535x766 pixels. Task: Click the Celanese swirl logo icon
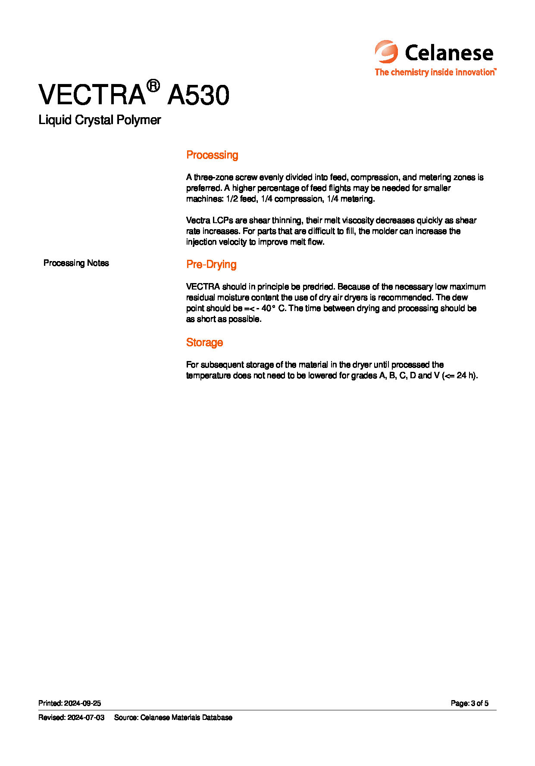click(386, 52)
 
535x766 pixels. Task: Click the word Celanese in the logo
click(449, 53)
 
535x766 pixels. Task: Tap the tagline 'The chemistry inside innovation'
click(435, 72)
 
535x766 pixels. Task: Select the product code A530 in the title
click(198, 95)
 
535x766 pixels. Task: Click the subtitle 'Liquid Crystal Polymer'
click(100, 120)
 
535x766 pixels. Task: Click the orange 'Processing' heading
click(212, 155)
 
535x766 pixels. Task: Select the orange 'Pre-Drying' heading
click(211, 265)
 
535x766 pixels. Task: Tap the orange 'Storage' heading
click(204, 343)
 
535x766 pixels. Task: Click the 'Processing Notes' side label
click(76, 263)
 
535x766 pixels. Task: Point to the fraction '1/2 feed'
click(241, 199)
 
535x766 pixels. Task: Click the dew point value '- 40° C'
click(271, 308)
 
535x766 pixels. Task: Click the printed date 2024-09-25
click(82, 704)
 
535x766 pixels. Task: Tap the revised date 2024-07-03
click(86, 718)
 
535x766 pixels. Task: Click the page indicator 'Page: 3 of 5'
click(469, 704)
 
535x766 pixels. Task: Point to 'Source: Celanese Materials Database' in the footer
click(173, 718)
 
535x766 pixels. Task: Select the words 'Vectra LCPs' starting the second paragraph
click(210, 221)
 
